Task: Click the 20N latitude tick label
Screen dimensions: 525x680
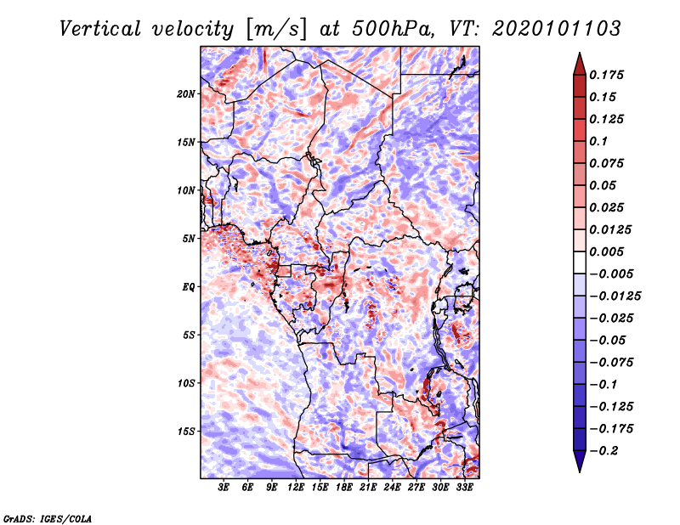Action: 187,93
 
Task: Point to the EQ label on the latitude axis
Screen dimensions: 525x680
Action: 189,286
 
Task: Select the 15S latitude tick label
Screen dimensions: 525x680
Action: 187,431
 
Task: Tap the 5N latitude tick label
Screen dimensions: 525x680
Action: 190,238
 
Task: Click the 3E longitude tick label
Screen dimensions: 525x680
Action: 224,488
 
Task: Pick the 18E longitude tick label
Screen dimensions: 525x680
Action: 344,488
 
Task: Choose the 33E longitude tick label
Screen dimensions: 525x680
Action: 464,488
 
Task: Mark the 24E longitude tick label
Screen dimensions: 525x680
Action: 392,488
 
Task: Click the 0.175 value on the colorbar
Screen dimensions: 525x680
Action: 609,75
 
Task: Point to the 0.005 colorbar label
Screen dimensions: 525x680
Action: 609,251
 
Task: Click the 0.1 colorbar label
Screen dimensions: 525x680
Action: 601,141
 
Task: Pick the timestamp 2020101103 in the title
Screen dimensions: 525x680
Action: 544,29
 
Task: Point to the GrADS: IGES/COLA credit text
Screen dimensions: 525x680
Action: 47,517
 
